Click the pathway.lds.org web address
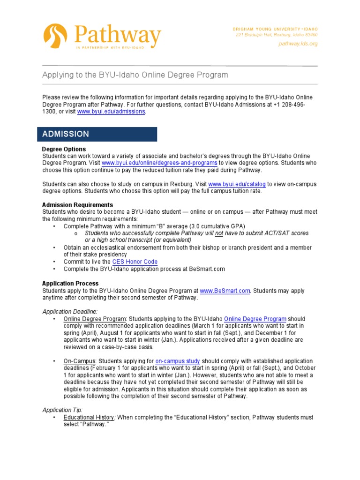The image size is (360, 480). tap(298, 44)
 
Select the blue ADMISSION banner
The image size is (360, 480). tap(97, 134)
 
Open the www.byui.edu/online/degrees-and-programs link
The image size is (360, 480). tap(159, 163)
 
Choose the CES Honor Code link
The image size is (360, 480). tap(135, 262)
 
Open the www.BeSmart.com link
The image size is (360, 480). tap(225, 291)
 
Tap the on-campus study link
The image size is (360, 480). tap(178, 361)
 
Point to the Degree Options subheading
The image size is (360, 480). tap(64, 149)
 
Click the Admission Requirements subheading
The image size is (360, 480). tap(77, 205)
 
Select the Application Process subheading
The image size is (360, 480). tap(70, 284)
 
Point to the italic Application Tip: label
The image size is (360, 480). tap(62, 410)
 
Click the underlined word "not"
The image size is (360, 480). tap(219, 233)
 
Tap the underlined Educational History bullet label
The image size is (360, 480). tap(89, 417)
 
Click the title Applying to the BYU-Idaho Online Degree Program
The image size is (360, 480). tap(135, 75)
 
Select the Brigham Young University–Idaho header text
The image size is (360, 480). tap(275, 29)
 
